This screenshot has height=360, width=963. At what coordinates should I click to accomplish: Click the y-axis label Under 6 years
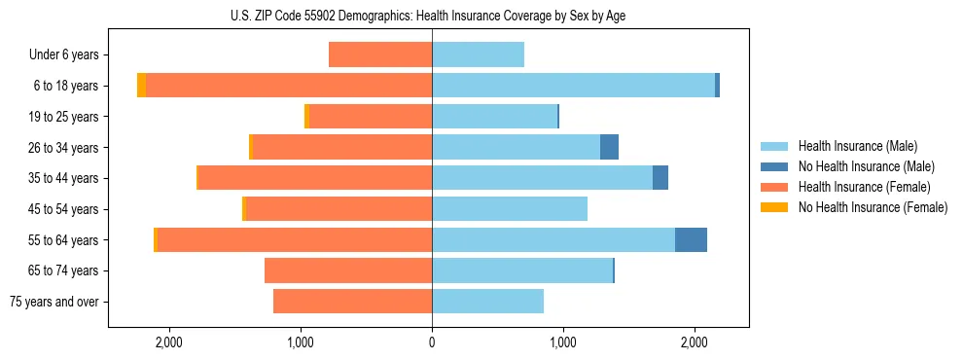pos(63,54)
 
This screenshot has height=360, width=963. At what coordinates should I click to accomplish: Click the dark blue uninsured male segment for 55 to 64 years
pos(691,239)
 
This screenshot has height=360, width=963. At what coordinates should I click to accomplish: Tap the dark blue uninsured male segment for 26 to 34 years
pos(609,147)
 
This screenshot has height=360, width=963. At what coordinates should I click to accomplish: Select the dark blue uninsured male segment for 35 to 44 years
pos(660,178)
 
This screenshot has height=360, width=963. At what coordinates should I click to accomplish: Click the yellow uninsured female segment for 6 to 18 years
pos(141,86)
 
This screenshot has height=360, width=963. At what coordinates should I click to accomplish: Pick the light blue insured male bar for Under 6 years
pos(478,54)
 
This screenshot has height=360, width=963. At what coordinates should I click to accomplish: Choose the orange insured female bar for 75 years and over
pos(352,302)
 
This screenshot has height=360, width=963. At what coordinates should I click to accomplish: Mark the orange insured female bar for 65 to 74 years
pos(348,270)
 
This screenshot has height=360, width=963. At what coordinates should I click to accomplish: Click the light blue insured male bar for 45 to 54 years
pos(510,209)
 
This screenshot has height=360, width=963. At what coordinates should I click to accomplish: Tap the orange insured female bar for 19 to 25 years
pos(371,117)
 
